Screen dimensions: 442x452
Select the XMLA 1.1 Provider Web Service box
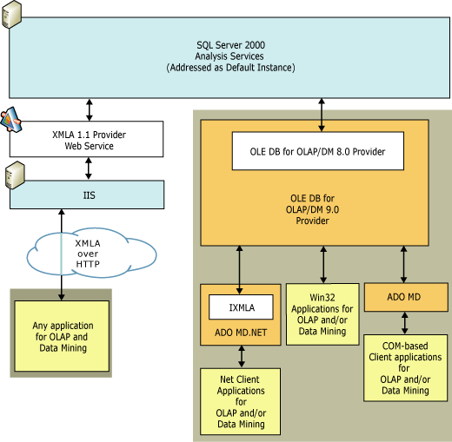[x=86, y=140]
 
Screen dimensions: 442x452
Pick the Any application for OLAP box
[x=61, y=336]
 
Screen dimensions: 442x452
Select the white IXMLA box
[x=241, y=307]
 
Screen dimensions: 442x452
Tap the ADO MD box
[x=403, y=297]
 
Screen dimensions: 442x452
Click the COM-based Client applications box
[x=403, y=367]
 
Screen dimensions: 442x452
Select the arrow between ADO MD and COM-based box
[x=403, y=323]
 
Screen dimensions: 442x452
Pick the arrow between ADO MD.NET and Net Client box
[x=242, y=355]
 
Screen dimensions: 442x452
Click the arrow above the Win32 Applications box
[x=324, y=263]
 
